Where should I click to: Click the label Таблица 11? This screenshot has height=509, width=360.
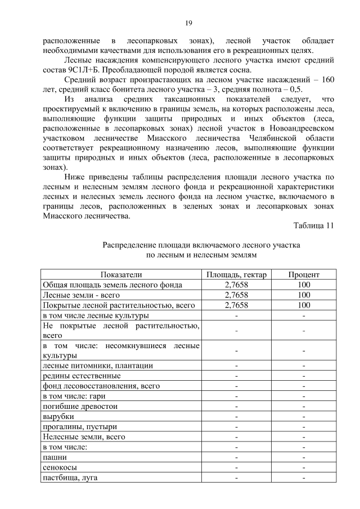[313, 226]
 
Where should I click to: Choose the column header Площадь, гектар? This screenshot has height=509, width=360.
[236, 274]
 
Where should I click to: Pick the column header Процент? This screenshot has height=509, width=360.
[304, 274]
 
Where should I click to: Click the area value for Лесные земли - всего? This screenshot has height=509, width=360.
[236, 295]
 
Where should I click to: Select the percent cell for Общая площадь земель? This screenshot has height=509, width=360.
[304, 285]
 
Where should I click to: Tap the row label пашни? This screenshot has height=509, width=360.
[55, 457]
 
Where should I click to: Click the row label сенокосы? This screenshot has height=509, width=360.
[60, 467]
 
